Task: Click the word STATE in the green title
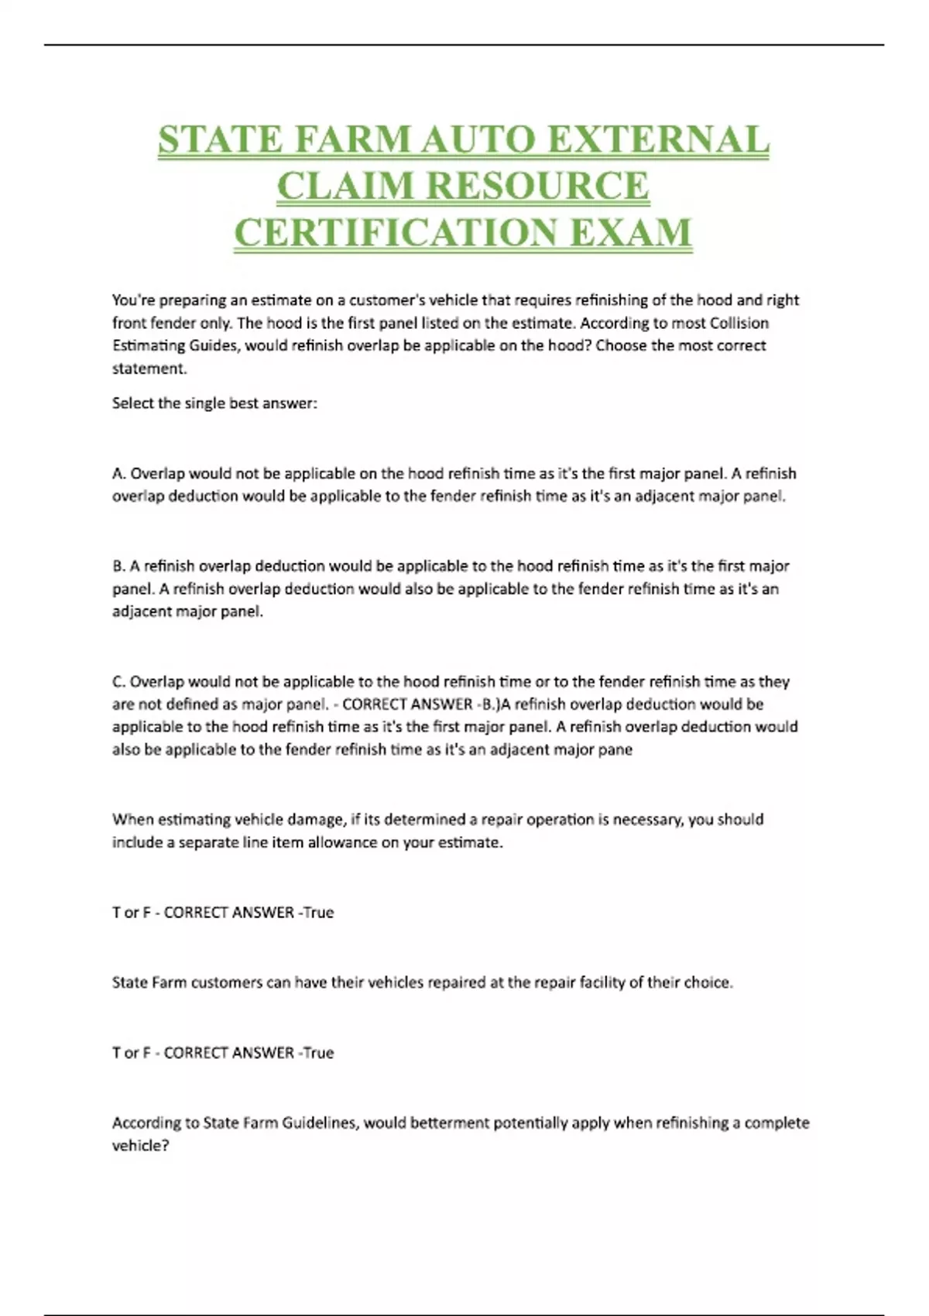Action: (221, 140)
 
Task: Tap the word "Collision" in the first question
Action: (739, 323)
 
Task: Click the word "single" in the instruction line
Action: (204, 403)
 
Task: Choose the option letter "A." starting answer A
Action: (119, 474)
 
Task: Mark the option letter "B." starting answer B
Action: (119, 566)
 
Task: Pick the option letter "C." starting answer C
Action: (119, 682)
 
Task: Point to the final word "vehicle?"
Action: (140, 1146)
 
